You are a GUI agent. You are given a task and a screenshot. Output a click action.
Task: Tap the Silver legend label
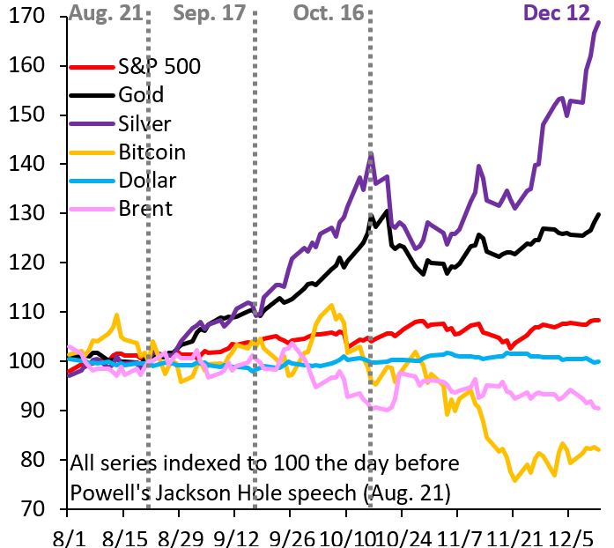pos(144,123)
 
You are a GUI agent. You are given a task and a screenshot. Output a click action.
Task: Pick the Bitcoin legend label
pos(152,152)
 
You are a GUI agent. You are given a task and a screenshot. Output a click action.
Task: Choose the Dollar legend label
pos(147,181)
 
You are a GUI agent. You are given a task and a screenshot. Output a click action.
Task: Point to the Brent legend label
pos(145,209)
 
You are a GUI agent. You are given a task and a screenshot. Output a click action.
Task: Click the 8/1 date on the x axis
pos(67,534)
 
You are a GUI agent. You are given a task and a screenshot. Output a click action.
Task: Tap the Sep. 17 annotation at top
pos(209,12)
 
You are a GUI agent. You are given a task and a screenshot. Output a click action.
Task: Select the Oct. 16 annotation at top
pos(328,12)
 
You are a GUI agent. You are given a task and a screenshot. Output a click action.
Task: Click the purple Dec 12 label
pos(558,12)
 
